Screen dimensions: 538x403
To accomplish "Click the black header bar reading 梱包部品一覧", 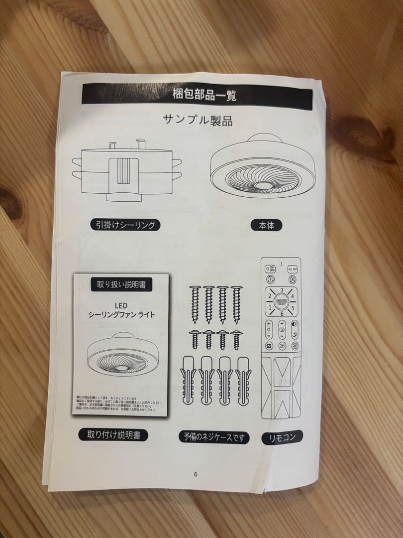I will click(197, 94).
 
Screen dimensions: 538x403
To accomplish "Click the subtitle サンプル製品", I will click(198, 120).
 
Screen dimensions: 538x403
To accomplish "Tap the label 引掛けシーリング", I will click(125, 225).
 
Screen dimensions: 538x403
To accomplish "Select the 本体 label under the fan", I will click(266, 225).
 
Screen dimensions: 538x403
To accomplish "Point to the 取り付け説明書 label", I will click(113, 435).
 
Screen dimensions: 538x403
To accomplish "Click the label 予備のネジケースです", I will click(214, 437).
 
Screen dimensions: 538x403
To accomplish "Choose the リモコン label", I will click(282, 437).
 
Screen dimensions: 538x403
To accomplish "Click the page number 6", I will click(196, 474).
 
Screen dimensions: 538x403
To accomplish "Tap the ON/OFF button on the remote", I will click(270, 268).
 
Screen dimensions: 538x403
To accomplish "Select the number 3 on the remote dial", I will click(282, 290).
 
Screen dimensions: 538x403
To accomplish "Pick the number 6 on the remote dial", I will click(282, 314).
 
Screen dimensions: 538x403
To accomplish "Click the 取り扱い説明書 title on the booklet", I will click(121, 285).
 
